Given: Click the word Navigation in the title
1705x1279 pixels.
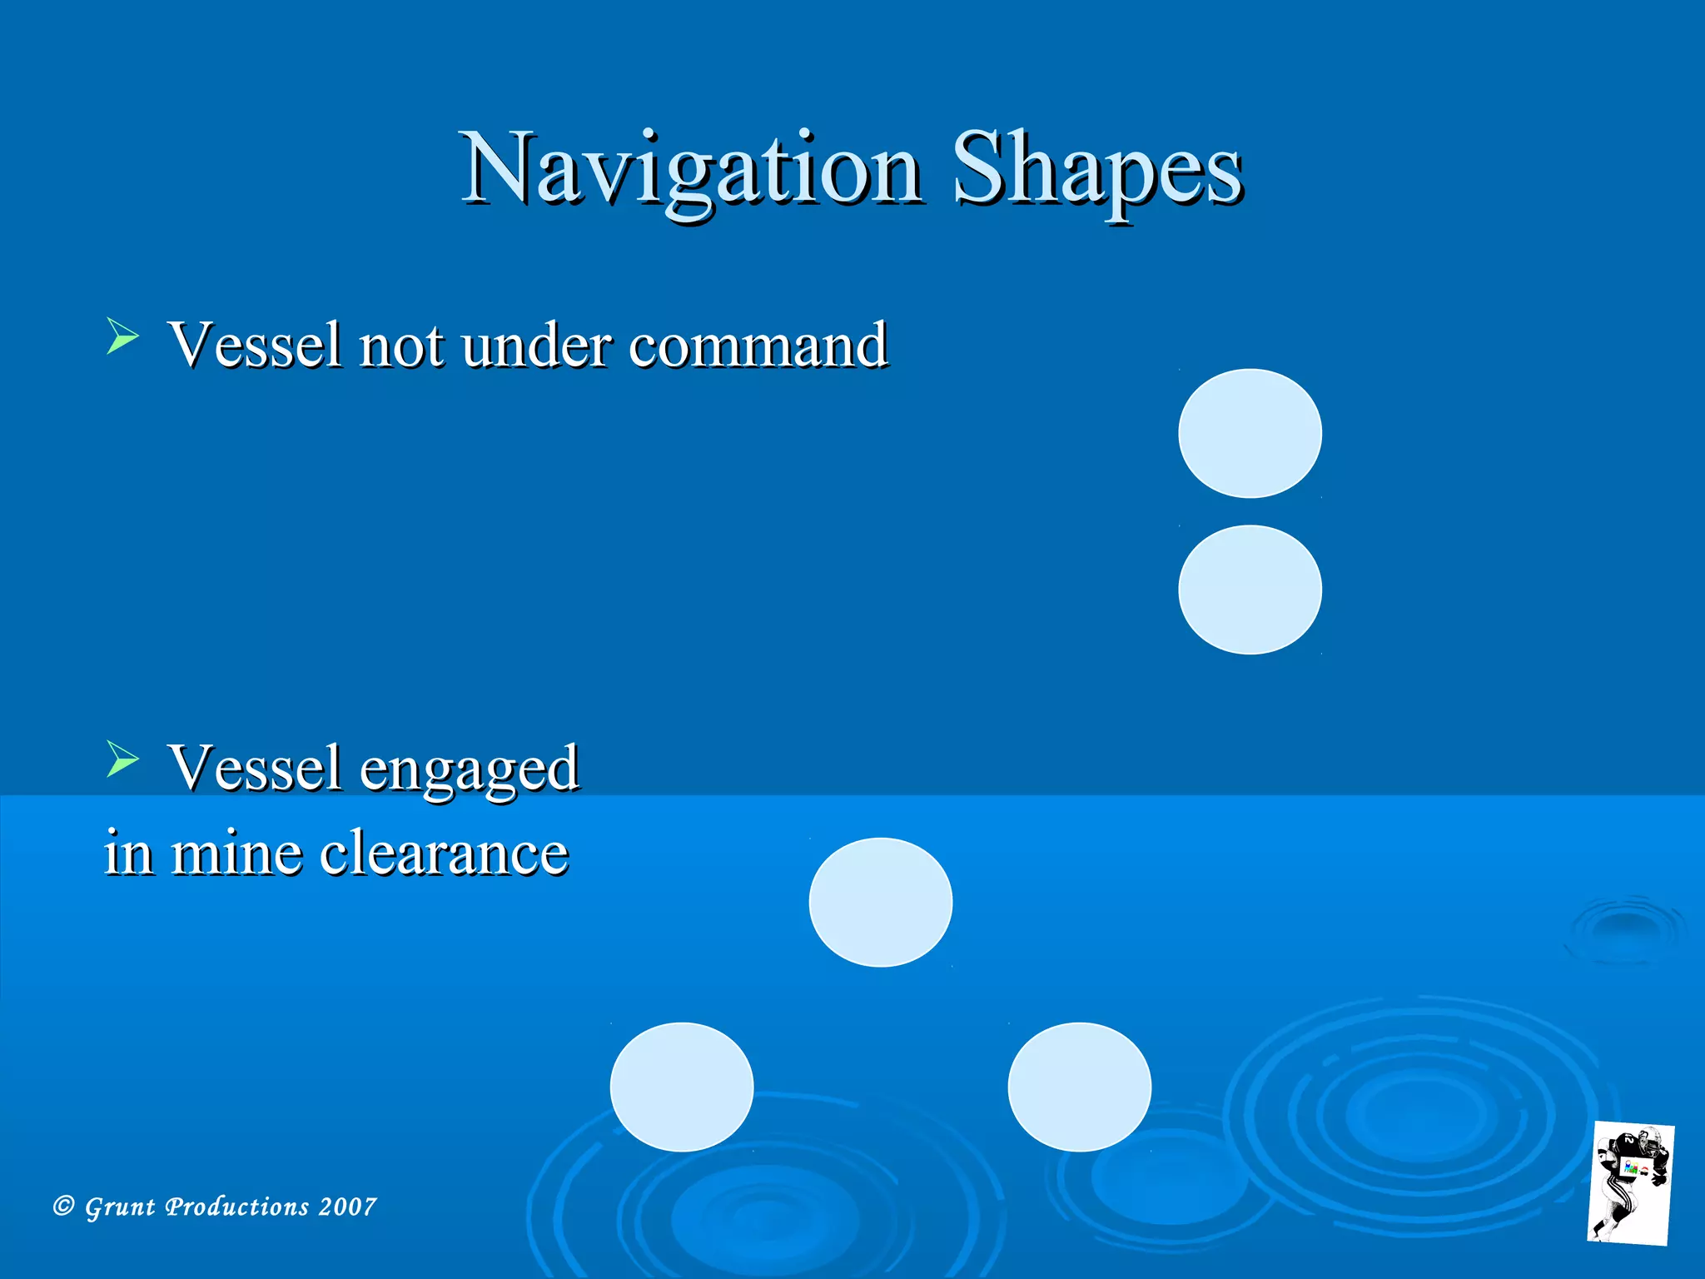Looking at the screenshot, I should pyautogui.click(x=691, y=171).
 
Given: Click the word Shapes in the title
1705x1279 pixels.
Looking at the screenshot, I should pyautogui.click(x=1097, y=171).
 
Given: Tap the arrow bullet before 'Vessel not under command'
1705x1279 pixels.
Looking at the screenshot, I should pyautogui.click(x=122, y=337).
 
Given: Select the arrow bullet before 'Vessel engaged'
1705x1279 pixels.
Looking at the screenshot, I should pyautogui.click(x=122, y=759).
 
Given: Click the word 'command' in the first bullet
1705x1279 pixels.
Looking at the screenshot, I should pyautogui.click(x=758, y=345).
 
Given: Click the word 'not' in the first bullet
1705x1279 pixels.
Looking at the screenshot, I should pyautogui.click(x=400, y=345).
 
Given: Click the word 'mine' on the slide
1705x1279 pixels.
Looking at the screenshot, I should pyautogui.click(x=236, y=853).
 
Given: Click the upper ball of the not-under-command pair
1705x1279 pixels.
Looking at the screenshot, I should pyautogui.click(x=1250, y=433).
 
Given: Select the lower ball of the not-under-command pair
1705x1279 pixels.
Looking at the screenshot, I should pyautogui.click(x=1250, y=590).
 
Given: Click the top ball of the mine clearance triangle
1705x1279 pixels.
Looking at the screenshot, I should pyautogui.click(x=880, y=902).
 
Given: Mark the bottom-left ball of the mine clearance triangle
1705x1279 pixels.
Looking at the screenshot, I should pyautogui.click(x=682, y=1087).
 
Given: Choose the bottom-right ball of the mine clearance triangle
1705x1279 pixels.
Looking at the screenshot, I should pyautogui.click(x=1079, y=1087).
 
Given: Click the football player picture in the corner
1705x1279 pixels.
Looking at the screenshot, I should pyautogui.click(x=1630, y=1182).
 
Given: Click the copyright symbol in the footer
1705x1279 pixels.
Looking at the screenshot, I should pyautogui.click(x=64, y=1206).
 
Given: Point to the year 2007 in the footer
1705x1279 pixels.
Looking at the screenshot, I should pyautogui.click(x=347, y=1207).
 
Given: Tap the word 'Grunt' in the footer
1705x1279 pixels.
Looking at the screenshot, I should pyautogui.click(x=121, y=1207).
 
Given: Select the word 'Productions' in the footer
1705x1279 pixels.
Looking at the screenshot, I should pyautogui.click(x=237, y=1207).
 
